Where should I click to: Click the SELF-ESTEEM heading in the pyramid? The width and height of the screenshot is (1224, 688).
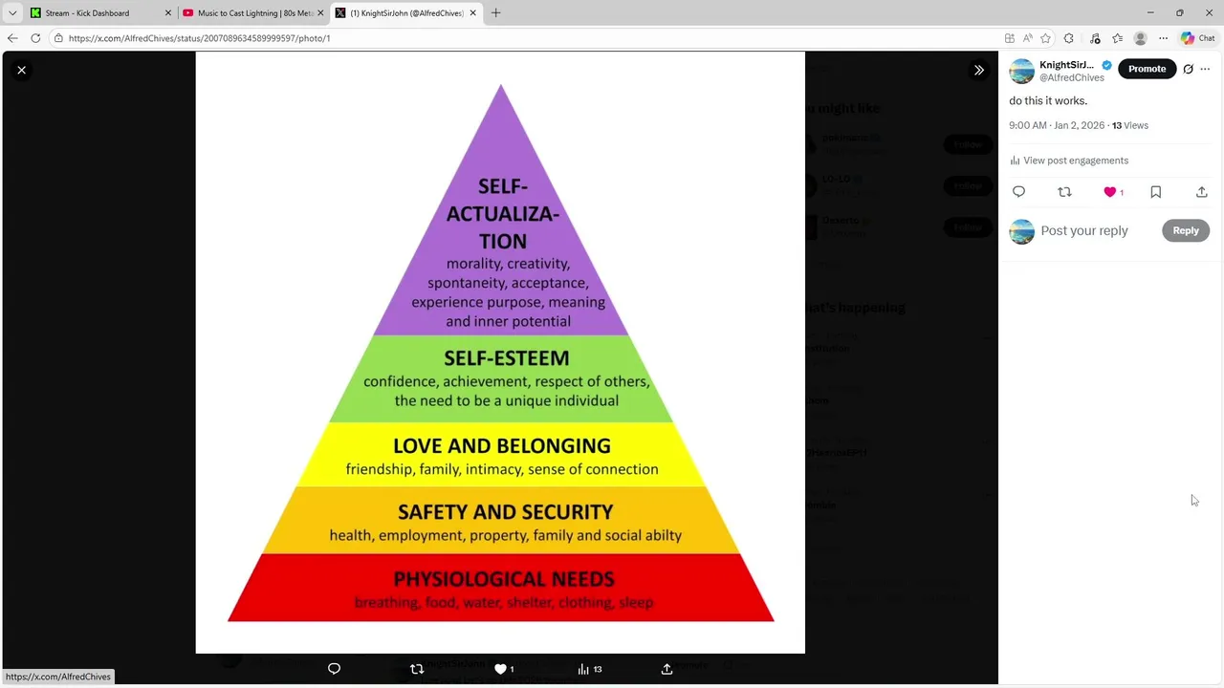pyautogui.click(x=506, y=358)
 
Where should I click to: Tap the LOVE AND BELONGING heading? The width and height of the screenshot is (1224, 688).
pyautogui.click(x=501, y=446)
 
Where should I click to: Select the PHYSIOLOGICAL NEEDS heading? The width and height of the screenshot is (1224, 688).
pyautogui.click(x=503, y=579)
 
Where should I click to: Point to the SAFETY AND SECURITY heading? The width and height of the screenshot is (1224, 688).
pyautogui.click(x=505, y=512)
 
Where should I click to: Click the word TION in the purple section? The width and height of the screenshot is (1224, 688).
pyautogui.click(x=503, y=242)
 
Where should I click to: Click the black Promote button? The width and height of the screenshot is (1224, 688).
pyautogui.click(x=1147, y=69)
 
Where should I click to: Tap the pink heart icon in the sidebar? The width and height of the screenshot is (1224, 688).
pyautogui.click(x=1109, y=192)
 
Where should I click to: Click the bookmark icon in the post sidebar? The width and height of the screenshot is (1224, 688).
pyautogui.click(x=1155, y=192)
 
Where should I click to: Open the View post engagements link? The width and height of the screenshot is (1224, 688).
pyautogui.click(x=1075, y=161)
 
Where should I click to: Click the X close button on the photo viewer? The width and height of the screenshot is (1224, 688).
pyautogui.click(x=21, y=70)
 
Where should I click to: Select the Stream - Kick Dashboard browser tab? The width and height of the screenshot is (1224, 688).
pyautogui.click(x=87, y=13)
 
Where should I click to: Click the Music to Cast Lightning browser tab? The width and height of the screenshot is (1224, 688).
pyautogui.click(x=254, y=13)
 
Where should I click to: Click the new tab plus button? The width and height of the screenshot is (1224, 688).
pyautogui.click(x=495, y=13)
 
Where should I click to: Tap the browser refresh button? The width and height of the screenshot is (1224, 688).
pyautogui.click(x=35, y=38)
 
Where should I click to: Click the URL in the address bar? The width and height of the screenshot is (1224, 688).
pyautogui.click(x=199, y=38)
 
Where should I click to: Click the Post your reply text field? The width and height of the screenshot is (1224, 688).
pyautogui.click(x=1084, y=230)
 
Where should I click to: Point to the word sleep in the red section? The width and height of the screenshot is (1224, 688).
pyautogui.click(x=636, y=603)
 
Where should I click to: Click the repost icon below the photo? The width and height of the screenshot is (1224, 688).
pyautogui.click(x=416, y=669)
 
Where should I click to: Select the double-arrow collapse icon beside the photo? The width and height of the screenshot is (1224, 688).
pyautogui.click(x=978, y=70)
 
